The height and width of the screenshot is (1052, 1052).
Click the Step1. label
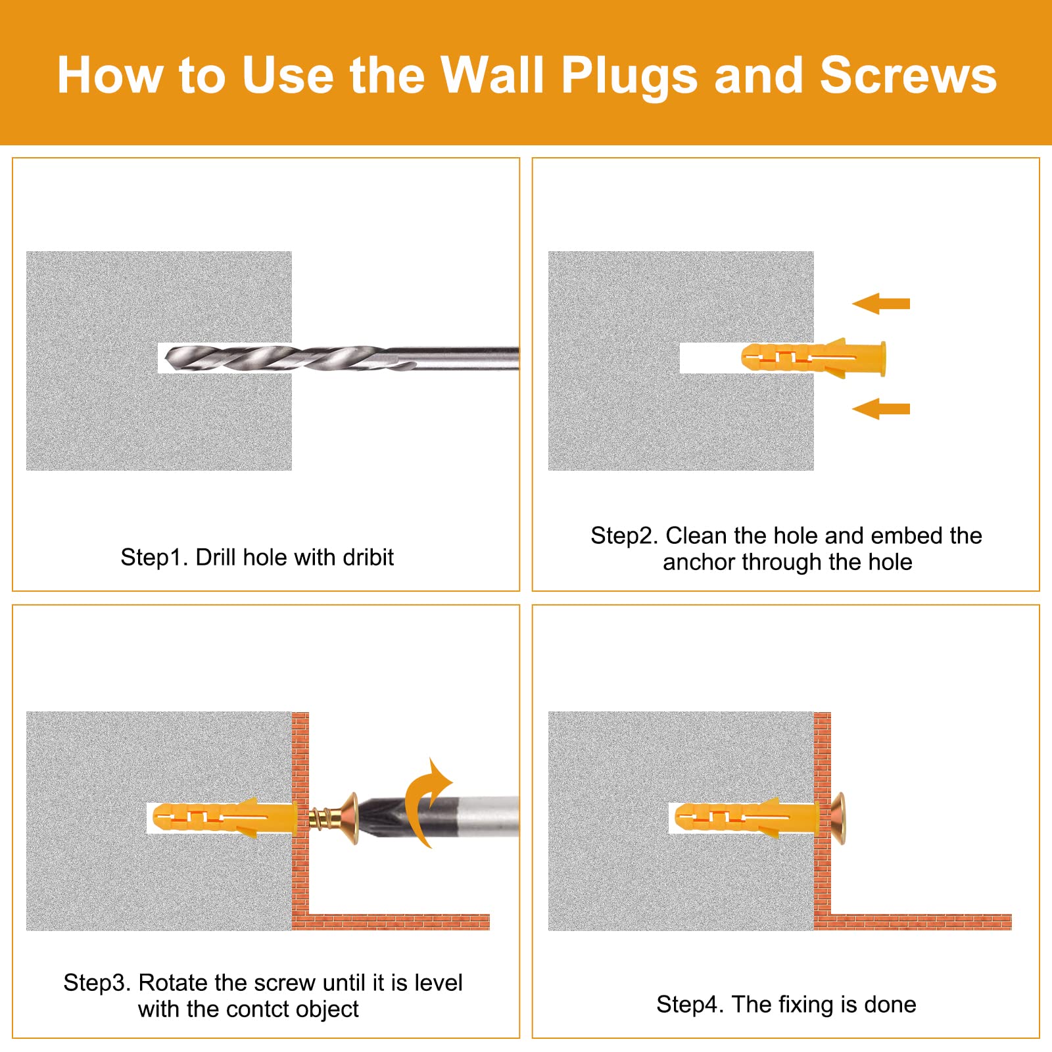[155, 558]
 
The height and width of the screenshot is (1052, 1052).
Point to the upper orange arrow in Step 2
[880, 303]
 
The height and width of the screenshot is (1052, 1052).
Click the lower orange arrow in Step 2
[880, 408]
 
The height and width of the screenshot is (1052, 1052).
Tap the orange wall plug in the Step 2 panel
[813, 358]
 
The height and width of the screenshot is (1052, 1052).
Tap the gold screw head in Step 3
[350, 819]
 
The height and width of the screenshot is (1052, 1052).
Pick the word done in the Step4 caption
[890, 1005]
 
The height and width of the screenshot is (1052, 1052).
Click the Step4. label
[690, 1005]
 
